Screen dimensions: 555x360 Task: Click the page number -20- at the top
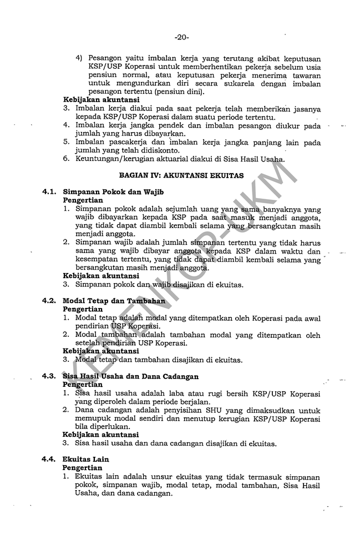pos(181,38)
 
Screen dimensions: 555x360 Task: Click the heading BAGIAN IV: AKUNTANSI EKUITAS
pos(181,175)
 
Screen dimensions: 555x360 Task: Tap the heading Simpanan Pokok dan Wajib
pos(110,191)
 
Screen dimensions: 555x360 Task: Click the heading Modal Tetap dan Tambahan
pos(114,301)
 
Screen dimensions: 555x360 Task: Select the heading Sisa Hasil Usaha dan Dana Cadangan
pos(130,376)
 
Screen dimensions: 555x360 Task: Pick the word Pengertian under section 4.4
pos(83,468)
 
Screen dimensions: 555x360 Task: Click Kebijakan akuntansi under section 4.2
pos(100,351)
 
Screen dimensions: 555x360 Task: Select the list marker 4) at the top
pos(79,58)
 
